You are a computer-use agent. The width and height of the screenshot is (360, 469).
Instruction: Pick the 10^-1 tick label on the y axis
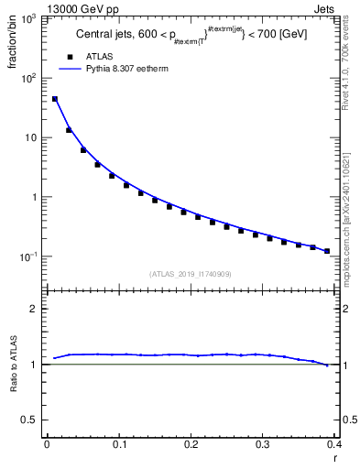click(28, 256)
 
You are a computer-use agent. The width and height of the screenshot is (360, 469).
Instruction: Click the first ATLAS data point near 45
click(55, 99)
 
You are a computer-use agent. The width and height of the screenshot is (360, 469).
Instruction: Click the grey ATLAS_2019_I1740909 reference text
click(190, 274)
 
